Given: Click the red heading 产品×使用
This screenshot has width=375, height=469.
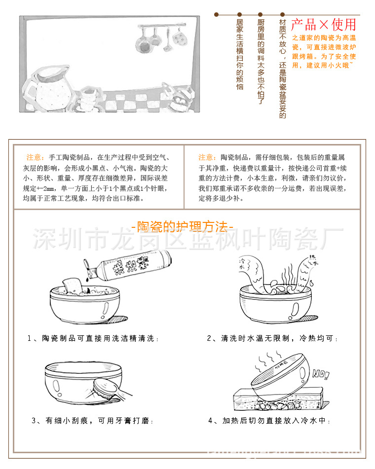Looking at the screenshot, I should click(x=323, y=24).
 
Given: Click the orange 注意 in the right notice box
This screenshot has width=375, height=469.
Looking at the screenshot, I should click(x=207, y=157).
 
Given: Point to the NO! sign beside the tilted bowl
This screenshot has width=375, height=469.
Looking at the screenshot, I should click(x=320, y=375).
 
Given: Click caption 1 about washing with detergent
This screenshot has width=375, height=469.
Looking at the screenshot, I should click(x=93, y=339).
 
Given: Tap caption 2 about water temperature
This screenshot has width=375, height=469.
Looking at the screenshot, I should click(x=272, y=339).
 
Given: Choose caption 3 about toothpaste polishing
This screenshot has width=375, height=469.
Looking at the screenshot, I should click(x=92, y=421).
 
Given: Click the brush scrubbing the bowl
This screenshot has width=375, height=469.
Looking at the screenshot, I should click(x=111, y=389).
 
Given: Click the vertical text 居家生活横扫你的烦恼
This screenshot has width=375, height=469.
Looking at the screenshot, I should click(x=240, y=55).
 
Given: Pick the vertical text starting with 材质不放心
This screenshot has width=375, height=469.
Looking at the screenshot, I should click(x=283, y=69).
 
